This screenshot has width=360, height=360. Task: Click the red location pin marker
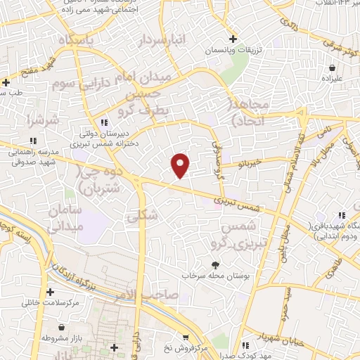(x=181, y=165)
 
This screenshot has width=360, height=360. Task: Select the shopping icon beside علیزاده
(x=331, y=67)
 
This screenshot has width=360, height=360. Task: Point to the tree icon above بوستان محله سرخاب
(x=214, y=264)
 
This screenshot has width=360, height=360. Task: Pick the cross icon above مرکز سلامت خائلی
(x=49, y=292)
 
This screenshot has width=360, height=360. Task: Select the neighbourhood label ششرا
(x=40, y=120)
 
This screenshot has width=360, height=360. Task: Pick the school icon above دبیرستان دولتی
(x=105, y=122)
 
